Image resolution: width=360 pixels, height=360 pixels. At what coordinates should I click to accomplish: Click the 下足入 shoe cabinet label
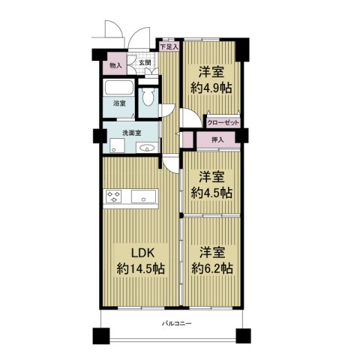169,46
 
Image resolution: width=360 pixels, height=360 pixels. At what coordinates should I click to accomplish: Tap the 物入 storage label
115,66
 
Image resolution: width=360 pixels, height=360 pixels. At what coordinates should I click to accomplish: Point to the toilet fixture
148,97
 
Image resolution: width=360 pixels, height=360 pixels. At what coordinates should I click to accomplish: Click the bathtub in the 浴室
118,88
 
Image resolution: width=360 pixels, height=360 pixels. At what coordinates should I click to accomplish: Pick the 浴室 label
119,103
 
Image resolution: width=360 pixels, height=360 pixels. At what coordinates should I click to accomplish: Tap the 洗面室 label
131,133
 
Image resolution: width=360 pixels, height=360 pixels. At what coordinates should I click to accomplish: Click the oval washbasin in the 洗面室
147,148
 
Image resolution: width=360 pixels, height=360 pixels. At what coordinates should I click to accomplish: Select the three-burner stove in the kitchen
113,196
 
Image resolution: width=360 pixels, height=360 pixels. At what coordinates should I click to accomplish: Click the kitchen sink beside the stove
144,196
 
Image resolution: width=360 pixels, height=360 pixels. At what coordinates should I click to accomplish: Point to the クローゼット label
223,123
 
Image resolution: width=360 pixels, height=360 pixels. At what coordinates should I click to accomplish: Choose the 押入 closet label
217,140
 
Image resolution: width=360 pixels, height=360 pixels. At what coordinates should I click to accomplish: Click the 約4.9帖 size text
211,88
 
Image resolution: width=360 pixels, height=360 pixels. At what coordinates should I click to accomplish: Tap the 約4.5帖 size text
211,193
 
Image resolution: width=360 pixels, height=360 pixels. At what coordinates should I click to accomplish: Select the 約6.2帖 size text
212,268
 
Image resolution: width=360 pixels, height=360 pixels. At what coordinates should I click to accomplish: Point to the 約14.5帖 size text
141,269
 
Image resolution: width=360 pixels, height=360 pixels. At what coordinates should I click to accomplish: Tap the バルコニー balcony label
177,324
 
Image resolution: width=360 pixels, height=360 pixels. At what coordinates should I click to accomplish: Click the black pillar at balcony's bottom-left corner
101,336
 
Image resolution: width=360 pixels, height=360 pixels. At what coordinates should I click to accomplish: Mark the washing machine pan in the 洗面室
117,145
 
